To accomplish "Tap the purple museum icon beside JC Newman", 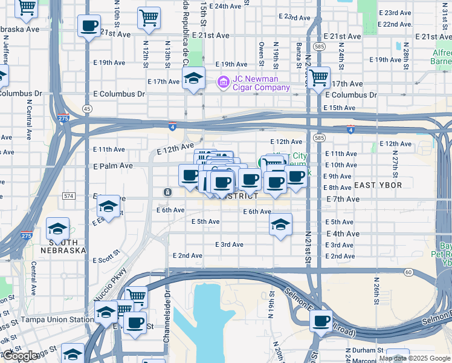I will click(223, 80).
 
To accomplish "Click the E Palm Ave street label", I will click(113, 166).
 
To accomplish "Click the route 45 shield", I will click(88, 108).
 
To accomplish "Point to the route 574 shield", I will click(68, 196).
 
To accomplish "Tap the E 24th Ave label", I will click(227, 5).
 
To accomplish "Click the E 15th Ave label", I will click(340, 108).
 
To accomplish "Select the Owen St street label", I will click(262, 53).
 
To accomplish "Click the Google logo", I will click(20, 356).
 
